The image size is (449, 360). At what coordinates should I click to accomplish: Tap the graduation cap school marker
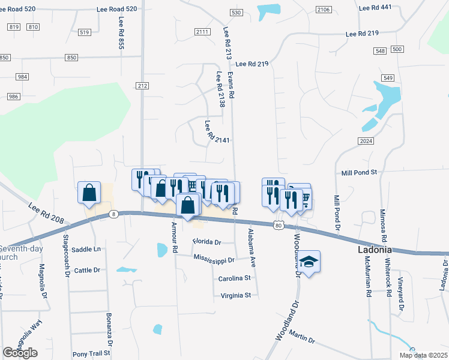pos(309,262)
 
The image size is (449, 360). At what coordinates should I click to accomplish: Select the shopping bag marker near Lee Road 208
pos(89,193)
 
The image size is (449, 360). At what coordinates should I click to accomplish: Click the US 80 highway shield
pos(277,224)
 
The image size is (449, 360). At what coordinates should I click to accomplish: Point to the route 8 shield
pos(113,214)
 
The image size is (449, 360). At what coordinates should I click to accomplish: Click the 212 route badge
pos(142,86)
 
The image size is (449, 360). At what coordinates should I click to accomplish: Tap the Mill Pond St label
pos(358,172)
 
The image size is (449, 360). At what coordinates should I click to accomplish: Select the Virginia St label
pos(235,295)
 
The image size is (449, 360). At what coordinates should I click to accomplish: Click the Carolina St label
pos(234,278)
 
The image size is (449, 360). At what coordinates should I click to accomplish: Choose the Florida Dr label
pos(207,242)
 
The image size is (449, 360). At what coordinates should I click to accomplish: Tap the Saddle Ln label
pos(86,249)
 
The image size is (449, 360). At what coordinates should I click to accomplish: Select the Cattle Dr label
pos(88,270)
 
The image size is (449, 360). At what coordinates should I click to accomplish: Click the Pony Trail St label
pos(92,354)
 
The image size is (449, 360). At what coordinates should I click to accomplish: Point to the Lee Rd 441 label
pos(375,7)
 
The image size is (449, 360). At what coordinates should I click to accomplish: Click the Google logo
pos(20,353)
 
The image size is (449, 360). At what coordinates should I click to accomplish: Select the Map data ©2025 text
pos(423,355)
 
